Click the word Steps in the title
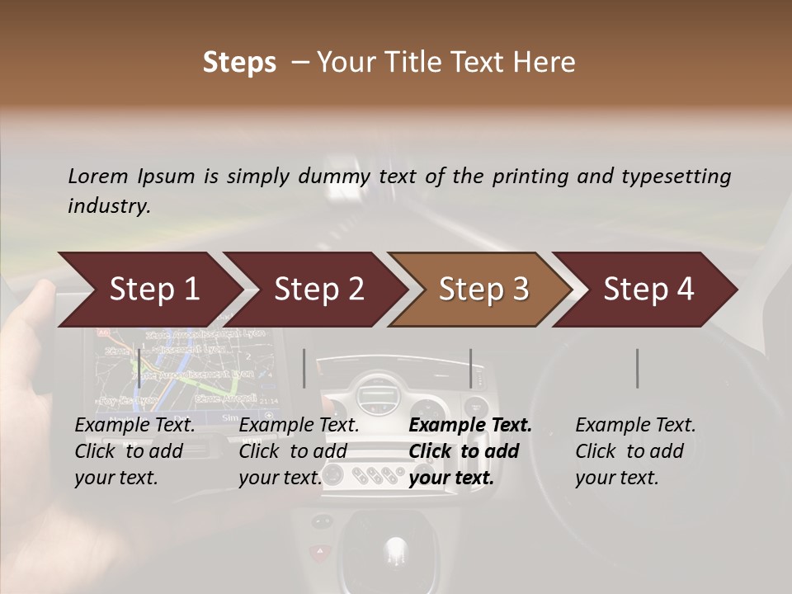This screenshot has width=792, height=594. click(239, 63)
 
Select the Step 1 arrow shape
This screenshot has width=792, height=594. click(148, 290)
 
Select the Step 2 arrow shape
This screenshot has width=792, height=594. click(318, 290)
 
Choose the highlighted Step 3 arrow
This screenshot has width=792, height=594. click(483, 290)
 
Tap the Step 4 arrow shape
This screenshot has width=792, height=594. click(648, 290)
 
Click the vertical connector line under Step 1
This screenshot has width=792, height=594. click(139, 368)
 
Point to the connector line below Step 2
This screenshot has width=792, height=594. click(304, 368)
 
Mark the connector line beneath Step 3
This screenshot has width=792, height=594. click(471, 368)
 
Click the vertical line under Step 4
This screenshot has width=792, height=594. click(637, 368)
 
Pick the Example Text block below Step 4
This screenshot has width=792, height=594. click(635, 451)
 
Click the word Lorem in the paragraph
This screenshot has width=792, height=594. click(98, 177)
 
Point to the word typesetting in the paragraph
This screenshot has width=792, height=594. click(675, 177)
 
